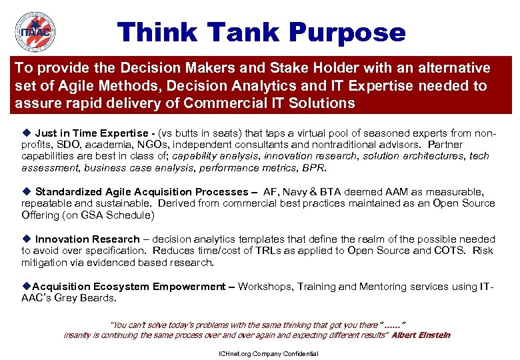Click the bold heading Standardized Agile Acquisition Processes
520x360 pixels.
click(141, 192)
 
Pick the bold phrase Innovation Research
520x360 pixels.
click(87, 239)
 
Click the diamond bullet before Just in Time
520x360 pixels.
click(27, 133)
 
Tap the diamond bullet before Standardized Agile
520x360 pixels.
click(27, 192)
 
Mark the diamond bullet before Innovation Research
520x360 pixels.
click(27, 239)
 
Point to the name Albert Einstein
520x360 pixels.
click(421, 335)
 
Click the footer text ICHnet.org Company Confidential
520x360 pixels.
click(269, 353)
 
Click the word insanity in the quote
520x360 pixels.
click(80, 335)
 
